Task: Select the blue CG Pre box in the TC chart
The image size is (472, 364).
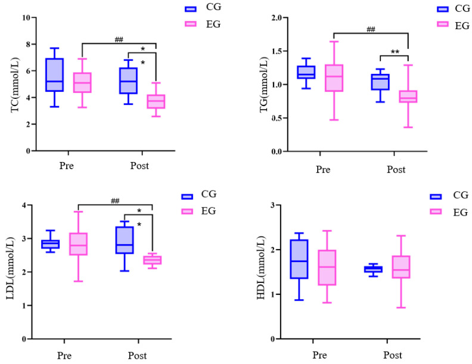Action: pyautogui.click(x=55, y=74)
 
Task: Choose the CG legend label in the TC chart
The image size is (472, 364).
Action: pyautogui.click(x=213, y=9)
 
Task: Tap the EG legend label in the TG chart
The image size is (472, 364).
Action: pyautogui.click(x=461, y=25)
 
